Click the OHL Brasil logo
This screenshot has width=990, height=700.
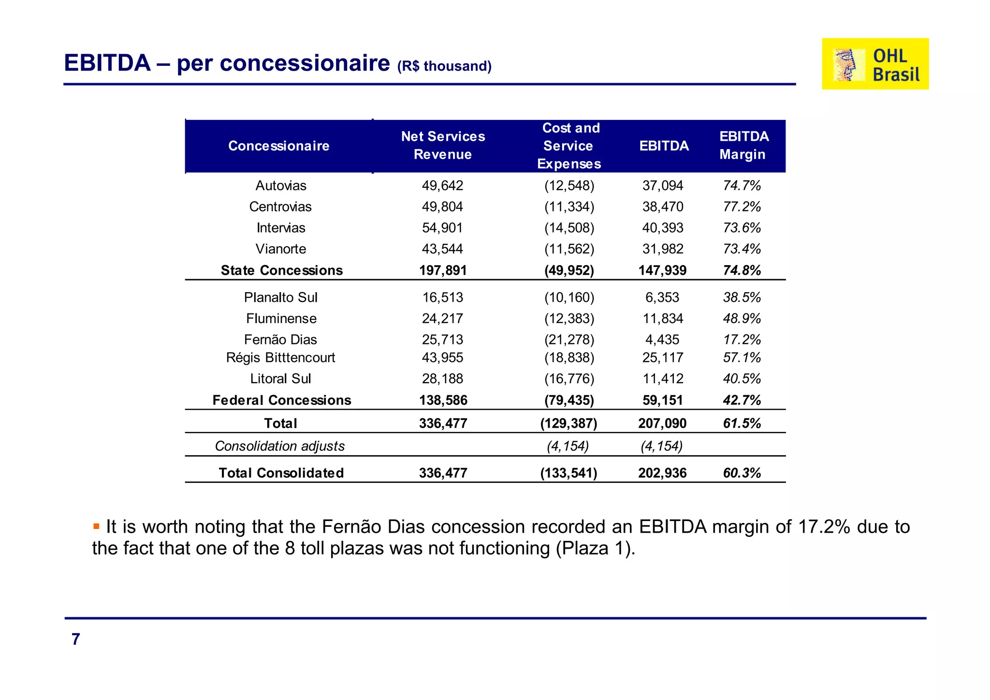pyautogui.click(x=875, y=64)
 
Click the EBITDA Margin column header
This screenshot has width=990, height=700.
pyautogui.click(x=743, y=146)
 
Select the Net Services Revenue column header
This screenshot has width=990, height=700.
pyautogui.click(x=443, y=146)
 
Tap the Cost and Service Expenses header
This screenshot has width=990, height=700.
pyautogui.click(x=569, y=146)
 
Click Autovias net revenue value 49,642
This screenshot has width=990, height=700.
pyautogui.click(x=442, y=186)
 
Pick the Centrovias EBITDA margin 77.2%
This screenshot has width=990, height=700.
pyautogui.click(x=742, y=207)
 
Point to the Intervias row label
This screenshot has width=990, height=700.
pyautogui.click(x=281, y=228)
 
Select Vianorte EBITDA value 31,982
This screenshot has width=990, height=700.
pyautogui.click(x=662, y=249)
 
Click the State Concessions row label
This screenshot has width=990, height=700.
pyautogui.click(x=282, y=270)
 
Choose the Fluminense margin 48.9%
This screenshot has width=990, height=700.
pyautogui.click(x=742, y=319)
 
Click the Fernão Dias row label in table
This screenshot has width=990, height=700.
pyautogui.click(x=280, y=340)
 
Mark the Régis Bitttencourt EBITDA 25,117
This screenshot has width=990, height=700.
pyautogui.click(x=662, y=358)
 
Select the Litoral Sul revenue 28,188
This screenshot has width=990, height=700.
pyautogui.click(x=442, y=379)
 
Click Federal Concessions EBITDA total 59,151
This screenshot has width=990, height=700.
pyautogui.click(x=662, y=401)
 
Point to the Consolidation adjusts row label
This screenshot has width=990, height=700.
pyautogui.click(x=280, y=446)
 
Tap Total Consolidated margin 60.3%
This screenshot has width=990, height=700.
pyautogui.click(x=742, y=473)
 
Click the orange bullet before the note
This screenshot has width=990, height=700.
pyautogui.click(x=96, y=526)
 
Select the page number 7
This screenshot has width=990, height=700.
pyautogui.click(x=76, y=640)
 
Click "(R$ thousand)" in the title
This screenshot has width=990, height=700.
pyautogui.click(x=444, y=66)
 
